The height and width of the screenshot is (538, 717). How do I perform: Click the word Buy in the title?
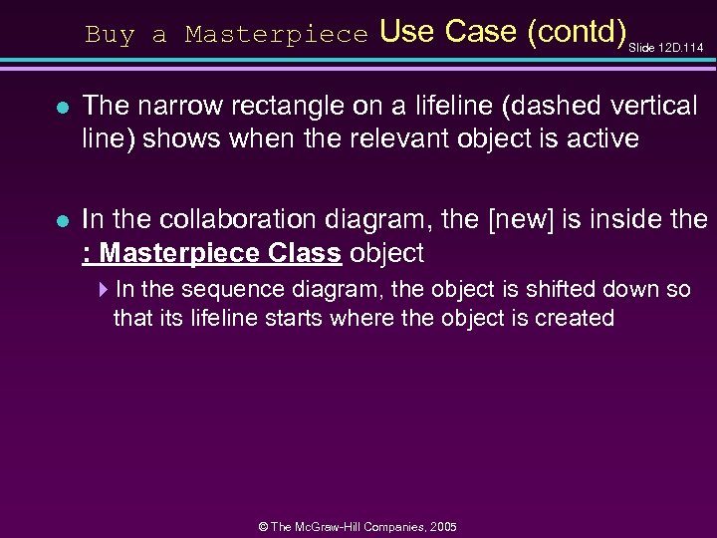(x=109, y=35)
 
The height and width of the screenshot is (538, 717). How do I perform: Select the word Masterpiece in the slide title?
(x=276, y=35)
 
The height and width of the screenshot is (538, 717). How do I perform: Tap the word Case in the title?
(x=479, y=32)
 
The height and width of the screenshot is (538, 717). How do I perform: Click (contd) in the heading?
(x=576, y=32)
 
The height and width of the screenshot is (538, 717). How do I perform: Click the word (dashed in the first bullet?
(x=549, y=107)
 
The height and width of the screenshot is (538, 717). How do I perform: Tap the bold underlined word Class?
(x=305, y=253)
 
